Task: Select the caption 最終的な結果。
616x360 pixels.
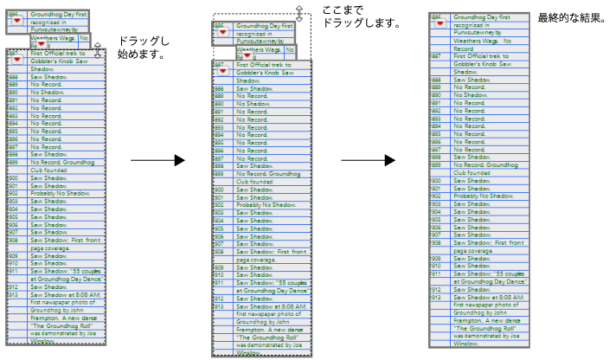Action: click(x=571, y=18)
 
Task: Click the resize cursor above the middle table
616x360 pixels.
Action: click(x=299, y=12)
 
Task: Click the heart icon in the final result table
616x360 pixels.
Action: click(x=440, y=23)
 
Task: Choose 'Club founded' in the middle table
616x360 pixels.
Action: click(x=254, y=182)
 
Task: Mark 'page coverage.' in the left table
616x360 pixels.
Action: click(x=48, y=248)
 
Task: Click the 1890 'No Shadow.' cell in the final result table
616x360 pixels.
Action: click(x=472, y=95)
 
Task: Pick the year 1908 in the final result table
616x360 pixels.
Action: click(x=436, y=242)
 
